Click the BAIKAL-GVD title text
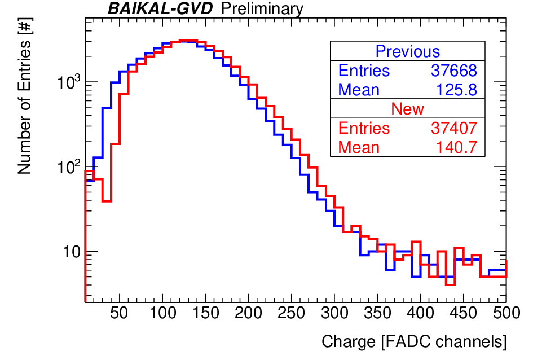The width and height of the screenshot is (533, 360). tap(160, 8)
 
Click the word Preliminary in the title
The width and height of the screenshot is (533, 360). tap(262, 9)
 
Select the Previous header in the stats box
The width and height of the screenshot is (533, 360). tap(408, 51)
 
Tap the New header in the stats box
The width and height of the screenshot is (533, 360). tap(408, 109)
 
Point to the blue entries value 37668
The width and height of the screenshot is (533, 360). tap(454, 71)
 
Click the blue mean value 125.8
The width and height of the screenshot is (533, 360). tap(456, 90)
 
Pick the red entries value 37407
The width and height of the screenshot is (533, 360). tap(454, 128)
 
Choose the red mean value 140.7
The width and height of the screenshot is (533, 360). tap(456, 147)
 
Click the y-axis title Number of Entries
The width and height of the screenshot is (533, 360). tap(24, 96)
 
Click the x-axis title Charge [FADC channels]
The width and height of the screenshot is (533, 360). tap(414, 342)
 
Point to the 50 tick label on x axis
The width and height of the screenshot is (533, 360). tap(119, 313)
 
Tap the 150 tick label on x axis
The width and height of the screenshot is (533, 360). tap(205, 313)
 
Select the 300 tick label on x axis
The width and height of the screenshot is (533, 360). tap(334, 313)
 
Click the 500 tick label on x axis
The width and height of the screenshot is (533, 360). tap(506, 313)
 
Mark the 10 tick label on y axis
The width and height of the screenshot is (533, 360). tap(72, 252)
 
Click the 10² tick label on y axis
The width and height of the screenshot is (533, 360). tap(69, 166)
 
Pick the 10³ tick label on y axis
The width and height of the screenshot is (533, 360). tap(69, 82)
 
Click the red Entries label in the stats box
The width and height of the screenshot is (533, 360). tap(364, 128)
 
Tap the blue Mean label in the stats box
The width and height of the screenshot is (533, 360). tap(359, 90)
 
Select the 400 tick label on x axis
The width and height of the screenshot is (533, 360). tap(421, 313)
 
